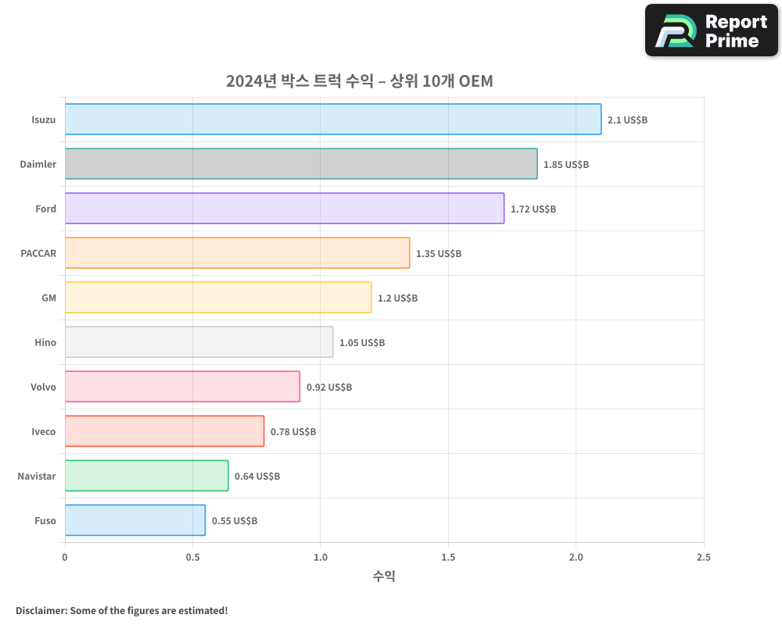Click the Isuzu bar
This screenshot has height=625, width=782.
[333, 120]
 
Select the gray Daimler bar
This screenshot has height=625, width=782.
[301, 164]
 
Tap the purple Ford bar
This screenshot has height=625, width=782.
[285, 209]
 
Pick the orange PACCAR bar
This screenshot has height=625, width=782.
[237, 253]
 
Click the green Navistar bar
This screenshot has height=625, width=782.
[146, 476]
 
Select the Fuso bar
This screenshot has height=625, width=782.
[135, 520]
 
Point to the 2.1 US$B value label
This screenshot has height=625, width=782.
[627, 120]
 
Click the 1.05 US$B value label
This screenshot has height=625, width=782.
[362, 343]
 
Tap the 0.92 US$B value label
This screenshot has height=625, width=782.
[329, 387]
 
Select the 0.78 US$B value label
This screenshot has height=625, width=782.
[293, 432]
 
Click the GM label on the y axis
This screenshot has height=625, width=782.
[48, 298]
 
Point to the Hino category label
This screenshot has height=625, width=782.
[45, 343]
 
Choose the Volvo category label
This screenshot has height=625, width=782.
[43, 387]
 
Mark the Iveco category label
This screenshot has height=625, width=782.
[43, 432]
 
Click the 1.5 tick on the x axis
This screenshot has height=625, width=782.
[448, 558]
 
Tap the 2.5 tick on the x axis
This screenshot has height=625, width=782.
[704, 558]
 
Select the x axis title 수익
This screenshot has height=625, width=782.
[384, 577]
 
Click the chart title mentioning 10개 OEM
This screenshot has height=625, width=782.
[360, 81]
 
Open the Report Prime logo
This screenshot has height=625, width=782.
[711, 30]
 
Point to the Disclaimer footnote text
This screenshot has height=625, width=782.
[121, 610]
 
